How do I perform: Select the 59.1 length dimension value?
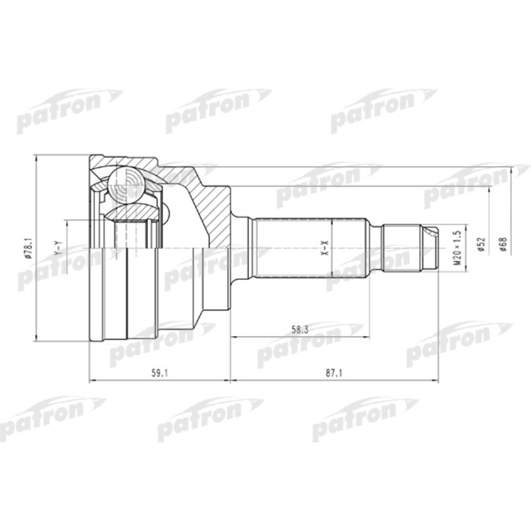pyautogui.click(x=160, y=373)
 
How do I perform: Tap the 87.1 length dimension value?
pyautogui.click(x=335, y=373)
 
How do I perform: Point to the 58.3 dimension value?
pyautogui.click(x=300, y=329)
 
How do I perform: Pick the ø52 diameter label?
pyautogui.click(x=482, y=244)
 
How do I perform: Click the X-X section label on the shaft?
pyautogui.click(x=325, y=247)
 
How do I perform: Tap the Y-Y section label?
pyautogui.click(x=58, y=248)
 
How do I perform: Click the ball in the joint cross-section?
pyautogui.click(x=127, y=185)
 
